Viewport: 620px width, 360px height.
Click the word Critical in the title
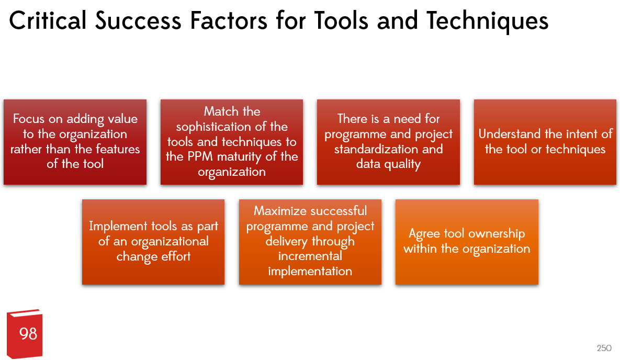[48, 20]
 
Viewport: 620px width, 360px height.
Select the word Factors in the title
[229, 20]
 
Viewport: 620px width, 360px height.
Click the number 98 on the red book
[28, 334]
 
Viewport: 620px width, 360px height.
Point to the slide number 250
[604, 348]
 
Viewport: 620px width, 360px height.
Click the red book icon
[25, 334]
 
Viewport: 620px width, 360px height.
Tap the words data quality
[388, 164]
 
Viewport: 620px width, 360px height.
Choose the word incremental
[310, 256]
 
